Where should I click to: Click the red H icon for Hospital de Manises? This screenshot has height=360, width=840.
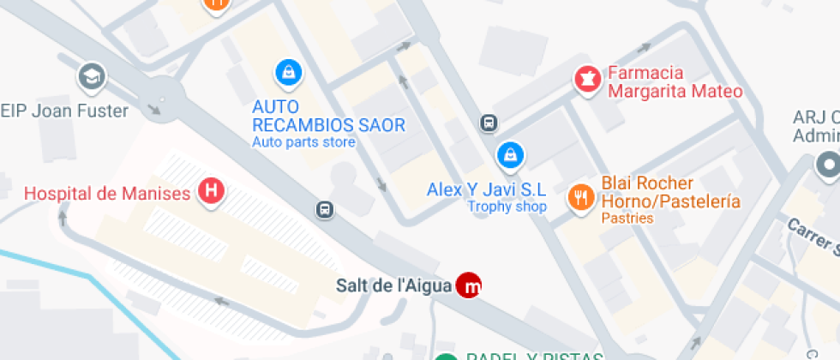point(211,191)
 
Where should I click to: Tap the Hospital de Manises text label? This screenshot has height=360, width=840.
point(107,193)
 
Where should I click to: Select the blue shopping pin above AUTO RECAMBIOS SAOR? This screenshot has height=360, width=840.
point(288,74)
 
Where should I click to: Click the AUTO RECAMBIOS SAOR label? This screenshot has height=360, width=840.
point(328,117)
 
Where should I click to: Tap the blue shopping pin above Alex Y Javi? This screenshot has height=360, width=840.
point(510,155)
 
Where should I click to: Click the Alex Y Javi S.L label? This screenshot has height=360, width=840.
point(486,189)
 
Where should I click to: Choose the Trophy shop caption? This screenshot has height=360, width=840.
point(507,207)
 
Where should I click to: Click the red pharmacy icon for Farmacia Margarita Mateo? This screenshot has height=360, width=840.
point(587,80)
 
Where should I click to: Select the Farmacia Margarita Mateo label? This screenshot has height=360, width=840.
point(674,82)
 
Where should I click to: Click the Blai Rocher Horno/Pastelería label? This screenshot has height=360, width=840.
point(670,193)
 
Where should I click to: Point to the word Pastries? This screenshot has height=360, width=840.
point(627,219)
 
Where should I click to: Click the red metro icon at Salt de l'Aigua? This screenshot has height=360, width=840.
point(468,285)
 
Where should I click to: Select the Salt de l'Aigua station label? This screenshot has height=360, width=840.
point(393,286)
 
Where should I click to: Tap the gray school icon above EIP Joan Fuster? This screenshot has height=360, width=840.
point(89,78)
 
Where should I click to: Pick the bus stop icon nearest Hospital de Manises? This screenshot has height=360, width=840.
point(325,209)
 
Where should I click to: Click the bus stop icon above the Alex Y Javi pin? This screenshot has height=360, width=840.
point(489,123)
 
